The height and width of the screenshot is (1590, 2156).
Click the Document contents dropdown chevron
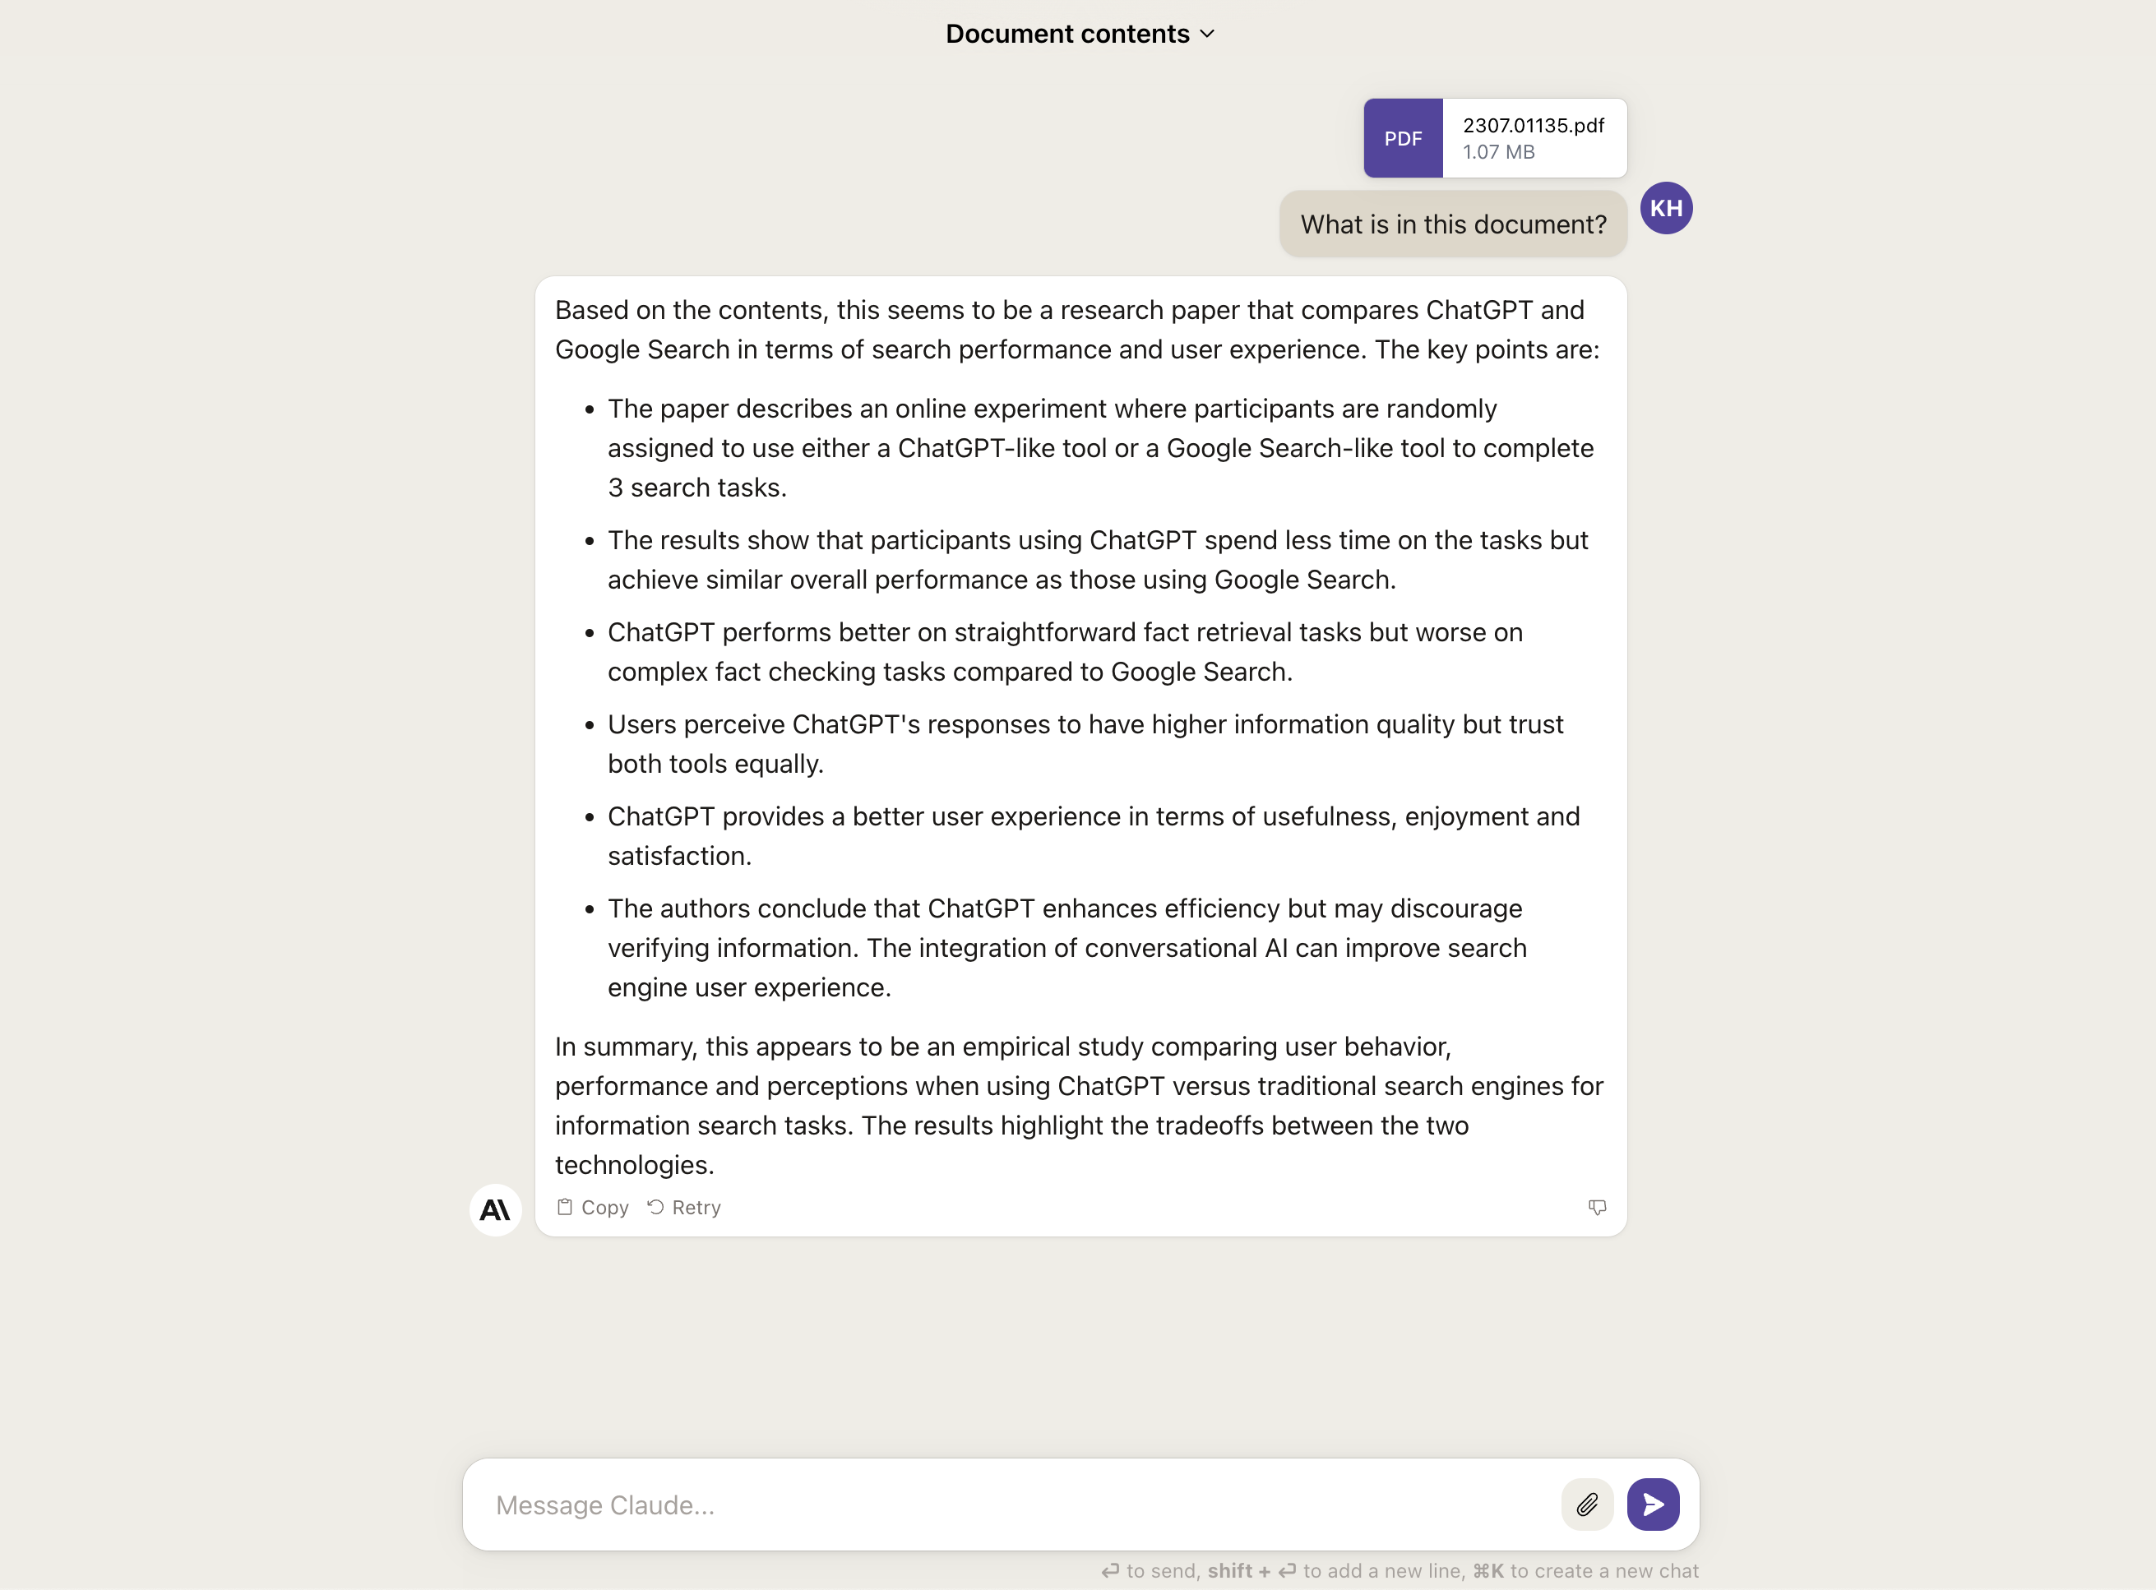point(1208,35)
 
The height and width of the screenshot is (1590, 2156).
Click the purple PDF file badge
point(1402,139)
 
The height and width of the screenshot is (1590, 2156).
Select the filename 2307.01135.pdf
point(1534,126)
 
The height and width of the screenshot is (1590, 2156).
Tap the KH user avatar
point(1666,209)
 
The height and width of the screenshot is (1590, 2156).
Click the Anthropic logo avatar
point(495,1210)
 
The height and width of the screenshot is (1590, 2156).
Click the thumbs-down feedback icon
point(1597,1207)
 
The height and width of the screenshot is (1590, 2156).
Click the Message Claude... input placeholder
point(605,1505)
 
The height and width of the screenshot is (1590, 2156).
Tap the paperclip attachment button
point(1587,1504)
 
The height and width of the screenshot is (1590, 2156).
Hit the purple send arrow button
point(1653,1504)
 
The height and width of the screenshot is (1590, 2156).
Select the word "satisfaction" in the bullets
point(677,857)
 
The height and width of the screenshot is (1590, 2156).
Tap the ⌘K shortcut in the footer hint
point(1488,1571)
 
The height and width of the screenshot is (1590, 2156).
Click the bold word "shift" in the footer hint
point(1229,1571)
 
